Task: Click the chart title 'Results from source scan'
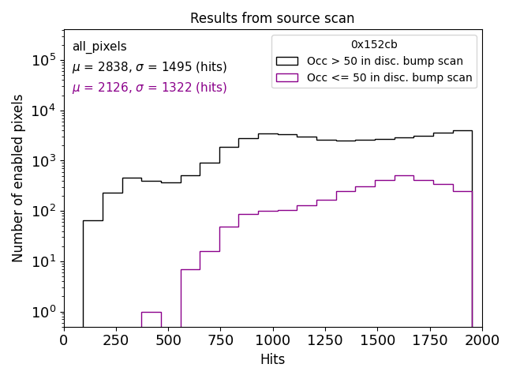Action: coord(272,18)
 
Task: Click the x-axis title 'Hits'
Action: coord(272,359)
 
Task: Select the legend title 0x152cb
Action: coord(374,45)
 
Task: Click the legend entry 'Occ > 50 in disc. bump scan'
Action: coord(385,61)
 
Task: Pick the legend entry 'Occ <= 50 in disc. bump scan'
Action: coord(390,77)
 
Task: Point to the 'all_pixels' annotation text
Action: coord(99,47)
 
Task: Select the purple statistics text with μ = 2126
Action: coord(149,88)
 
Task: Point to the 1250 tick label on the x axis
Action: coord(325,340)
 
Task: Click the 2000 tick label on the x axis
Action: coord(481,340)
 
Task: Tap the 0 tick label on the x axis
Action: coord(64,340)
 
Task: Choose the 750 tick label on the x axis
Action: coord(220,340)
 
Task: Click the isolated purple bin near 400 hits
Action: coord(151,318)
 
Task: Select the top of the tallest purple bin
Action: coord(404,175)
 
